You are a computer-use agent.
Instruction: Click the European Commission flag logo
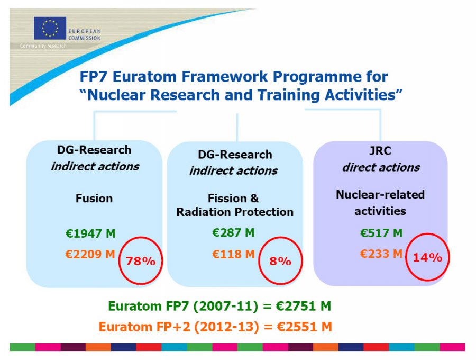coord(50,28)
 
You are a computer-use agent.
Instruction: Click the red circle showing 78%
coord(140,261)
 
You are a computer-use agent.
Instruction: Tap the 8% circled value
coord(280,260)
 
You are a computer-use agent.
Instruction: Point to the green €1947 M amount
coord(90,233)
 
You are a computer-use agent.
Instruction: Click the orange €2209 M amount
coord(90,254)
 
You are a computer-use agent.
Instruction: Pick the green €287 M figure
coord(233,232)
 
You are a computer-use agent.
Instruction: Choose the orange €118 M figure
coord(233,254)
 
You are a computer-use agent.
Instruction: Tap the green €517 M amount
coord(381,233)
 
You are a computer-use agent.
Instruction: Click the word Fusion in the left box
coord(94,199)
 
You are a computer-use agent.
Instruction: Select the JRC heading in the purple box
coord(380,151)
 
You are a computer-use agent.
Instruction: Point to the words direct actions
coord(381,168)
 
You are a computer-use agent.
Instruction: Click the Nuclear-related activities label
coord(380,203)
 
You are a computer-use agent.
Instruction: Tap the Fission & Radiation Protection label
coord(234,205)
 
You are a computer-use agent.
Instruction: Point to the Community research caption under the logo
coord(43,46)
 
